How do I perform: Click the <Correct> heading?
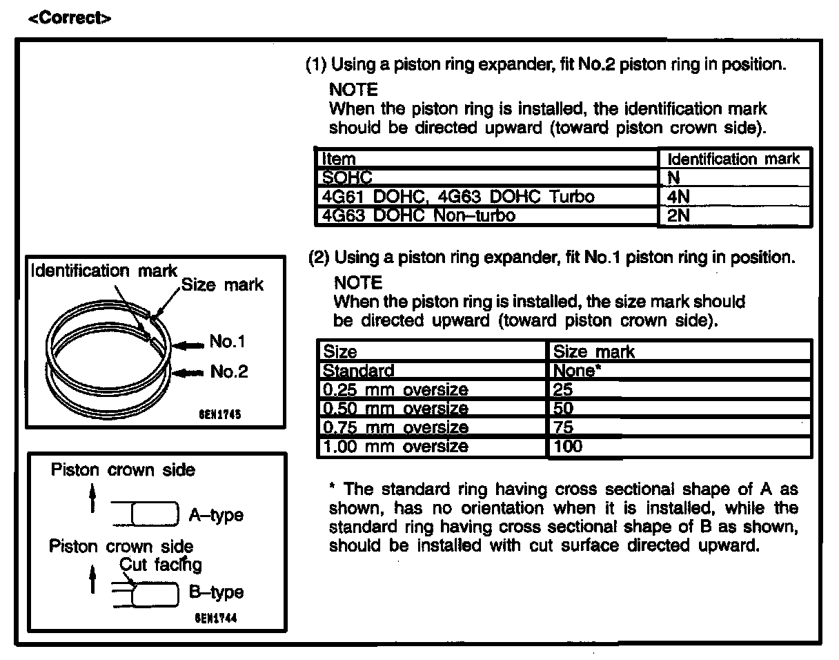pos(69,18)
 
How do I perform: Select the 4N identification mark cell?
pos(679,197)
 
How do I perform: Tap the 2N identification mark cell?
pos(679,215)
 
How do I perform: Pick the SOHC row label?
pos(347,178)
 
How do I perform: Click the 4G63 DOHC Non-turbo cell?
pos(418,215)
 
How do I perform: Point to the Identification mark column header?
pos(734,159)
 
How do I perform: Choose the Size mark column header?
pos(594,352)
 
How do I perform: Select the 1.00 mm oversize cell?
pos(396,446)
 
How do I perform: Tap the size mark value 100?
pos(568,446)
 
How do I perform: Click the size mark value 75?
pos(564,427)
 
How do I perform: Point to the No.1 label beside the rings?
pos(228,342)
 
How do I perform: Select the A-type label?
pos(216,516)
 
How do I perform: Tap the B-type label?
pos(216,592)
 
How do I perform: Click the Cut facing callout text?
pos(161,565)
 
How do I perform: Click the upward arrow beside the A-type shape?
pos(92,501)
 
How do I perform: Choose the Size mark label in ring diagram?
pos(222,284)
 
